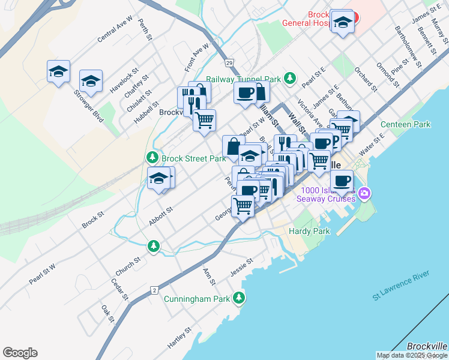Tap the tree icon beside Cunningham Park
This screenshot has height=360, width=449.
coord(239,298)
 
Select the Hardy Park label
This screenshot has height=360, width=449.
coord(309,231)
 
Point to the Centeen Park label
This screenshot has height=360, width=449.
coord(406,125)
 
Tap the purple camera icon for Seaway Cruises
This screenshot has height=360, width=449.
coord(366,193)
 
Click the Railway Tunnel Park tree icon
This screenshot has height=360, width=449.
coord(291,79)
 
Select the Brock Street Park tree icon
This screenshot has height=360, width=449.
coord(152,158)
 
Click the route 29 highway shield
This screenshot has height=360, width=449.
coord(229,62)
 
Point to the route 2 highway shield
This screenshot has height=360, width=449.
coord(155,291)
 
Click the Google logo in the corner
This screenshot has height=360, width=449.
coord(20,353)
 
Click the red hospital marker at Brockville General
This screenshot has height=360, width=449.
coord(354,17)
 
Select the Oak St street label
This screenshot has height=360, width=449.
coord(107,313)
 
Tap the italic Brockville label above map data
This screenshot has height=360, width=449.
coord(427,346)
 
